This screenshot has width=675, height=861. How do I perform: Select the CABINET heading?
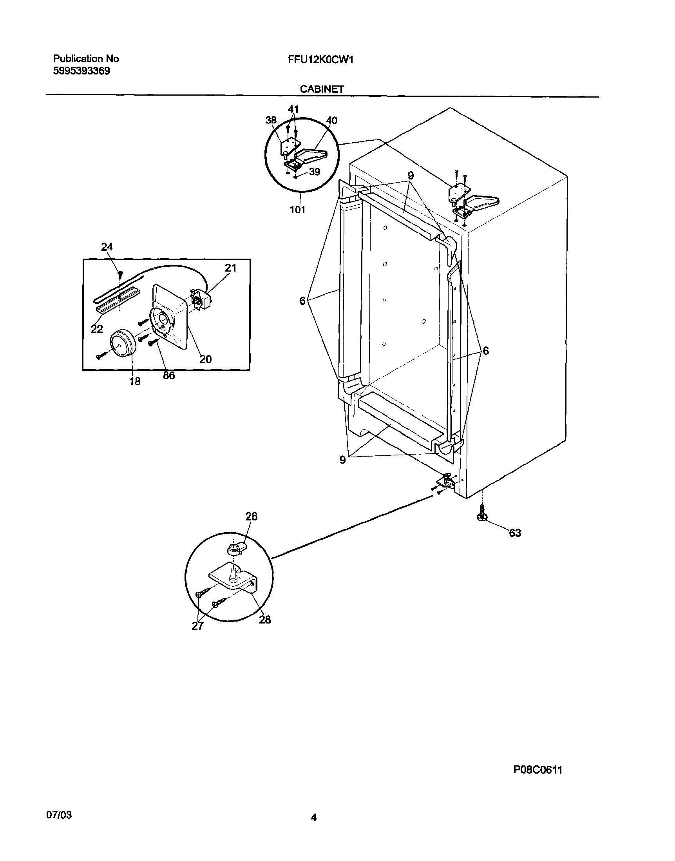pos(322,89)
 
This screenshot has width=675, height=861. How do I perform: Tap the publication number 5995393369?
pos(81,71)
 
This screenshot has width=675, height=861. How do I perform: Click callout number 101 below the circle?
pos(298,210)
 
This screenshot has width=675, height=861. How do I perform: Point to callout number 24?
pos(107,247)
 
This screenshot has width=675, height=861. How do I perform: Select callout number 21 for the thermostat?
pos(230,268)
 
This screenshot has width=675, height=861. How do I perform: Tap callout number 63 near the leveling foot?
pos(514,533)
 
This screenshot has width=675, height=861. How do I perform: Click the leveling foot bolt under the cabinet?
pos(482,512)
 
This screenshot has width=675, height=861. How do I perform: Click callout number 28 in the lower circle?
pos(265,620)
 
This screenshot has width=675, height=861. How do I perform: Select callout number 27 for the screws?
pos(197,626)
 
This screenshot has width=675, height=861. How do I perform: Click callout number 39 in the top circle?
pos(314,172)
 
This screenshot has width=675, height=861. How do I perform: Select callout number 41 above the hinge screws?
pos(293,109)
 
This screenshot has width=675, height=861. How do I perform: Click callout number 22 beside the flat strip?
pos(97,329)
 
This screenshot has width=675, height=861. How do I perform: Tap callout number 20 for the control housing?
pos(206,359)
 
